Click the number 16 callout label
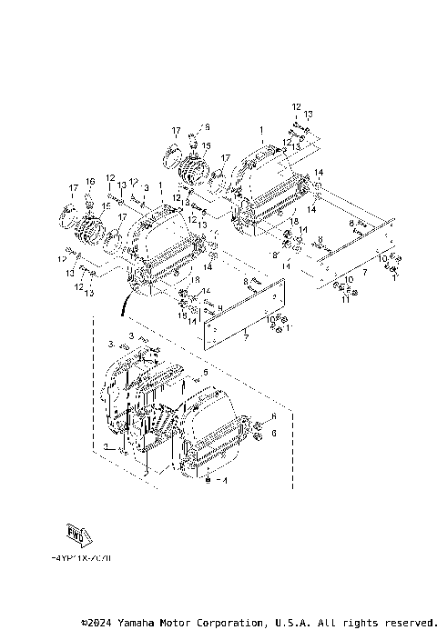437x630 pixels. tap(90, 182)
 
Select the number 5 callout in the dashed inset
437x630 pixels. tap(206, 373)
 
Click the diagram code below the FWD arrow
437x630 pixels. tap(82, 560)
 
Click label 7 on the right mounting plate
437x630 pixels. tap(364, 272)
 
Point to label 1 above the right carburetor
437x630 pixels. tap(261, 130)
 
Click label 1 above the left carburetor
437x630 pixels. tap(160, 185)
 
